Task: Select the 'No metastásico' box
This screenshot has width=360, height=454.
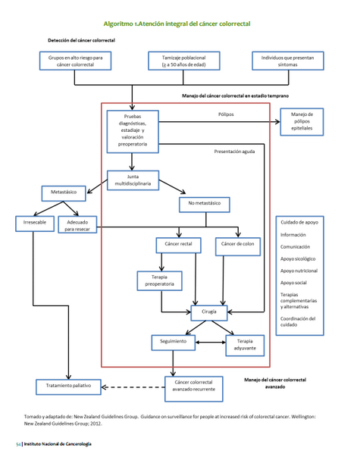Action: point(204,204)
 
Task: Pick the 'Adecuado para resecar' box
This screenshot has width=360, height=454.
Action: point(78,224)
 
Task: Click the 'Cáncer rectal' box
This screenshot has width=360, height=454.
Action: point(179,245)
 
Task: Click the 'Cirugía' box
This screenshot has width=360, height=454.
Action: point(209,312)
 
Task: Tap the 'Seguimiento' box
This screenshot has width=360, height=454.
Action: point(174,343)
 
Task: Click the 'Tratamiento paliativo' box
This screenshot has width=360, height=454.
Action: point(68,387)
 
